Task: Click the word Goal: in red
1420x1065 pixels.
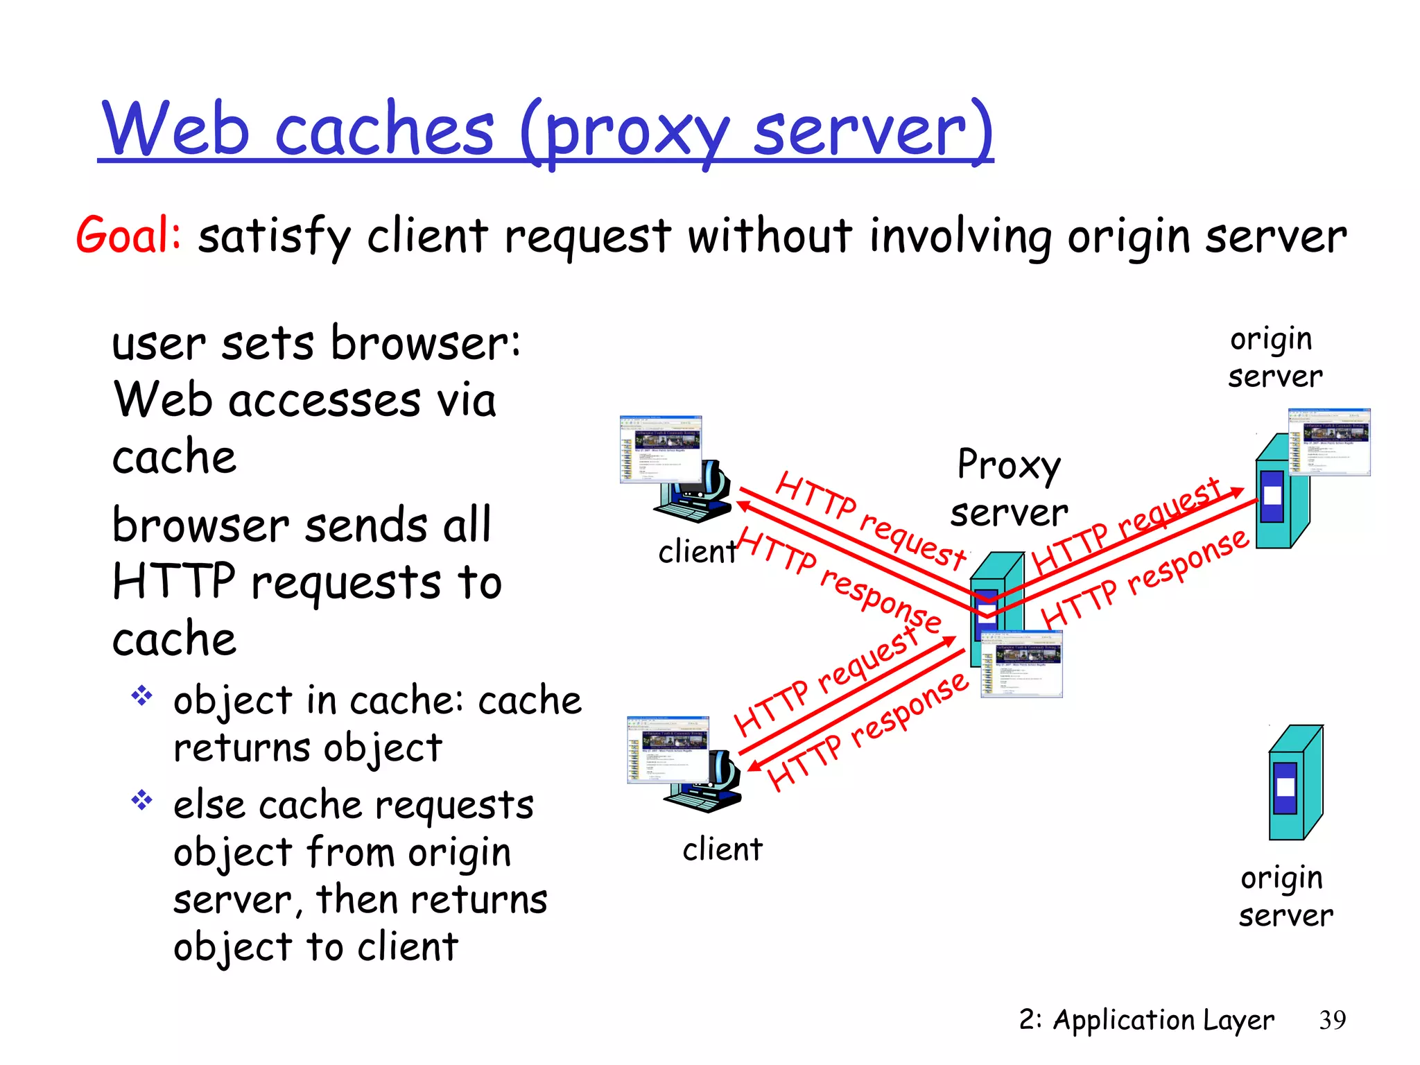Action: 129,236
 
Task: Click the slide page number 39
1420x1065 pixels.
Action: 1332,1020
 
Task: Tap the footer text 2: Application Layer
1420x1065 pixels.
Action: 1146,1020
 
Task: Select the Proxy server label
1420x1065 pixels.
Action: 1009,489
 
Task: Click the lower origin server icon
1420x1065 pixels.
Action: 1295,783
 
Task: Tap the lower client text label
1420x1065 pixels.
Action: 722,849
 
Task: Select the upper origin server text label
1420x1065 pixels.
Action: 1274,358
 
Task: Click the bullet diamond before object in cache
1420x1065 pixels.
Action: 142,695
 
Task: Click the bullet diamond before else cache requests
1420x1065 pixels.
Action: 142,800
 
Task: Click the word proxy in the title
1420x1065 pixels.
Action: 637,132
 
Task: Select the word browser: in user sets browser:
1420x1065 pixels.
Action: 425,343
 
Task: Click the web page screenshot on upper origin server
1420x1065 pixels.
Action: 1328,442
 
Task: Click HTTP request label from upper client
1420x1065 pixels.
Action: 869,520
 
